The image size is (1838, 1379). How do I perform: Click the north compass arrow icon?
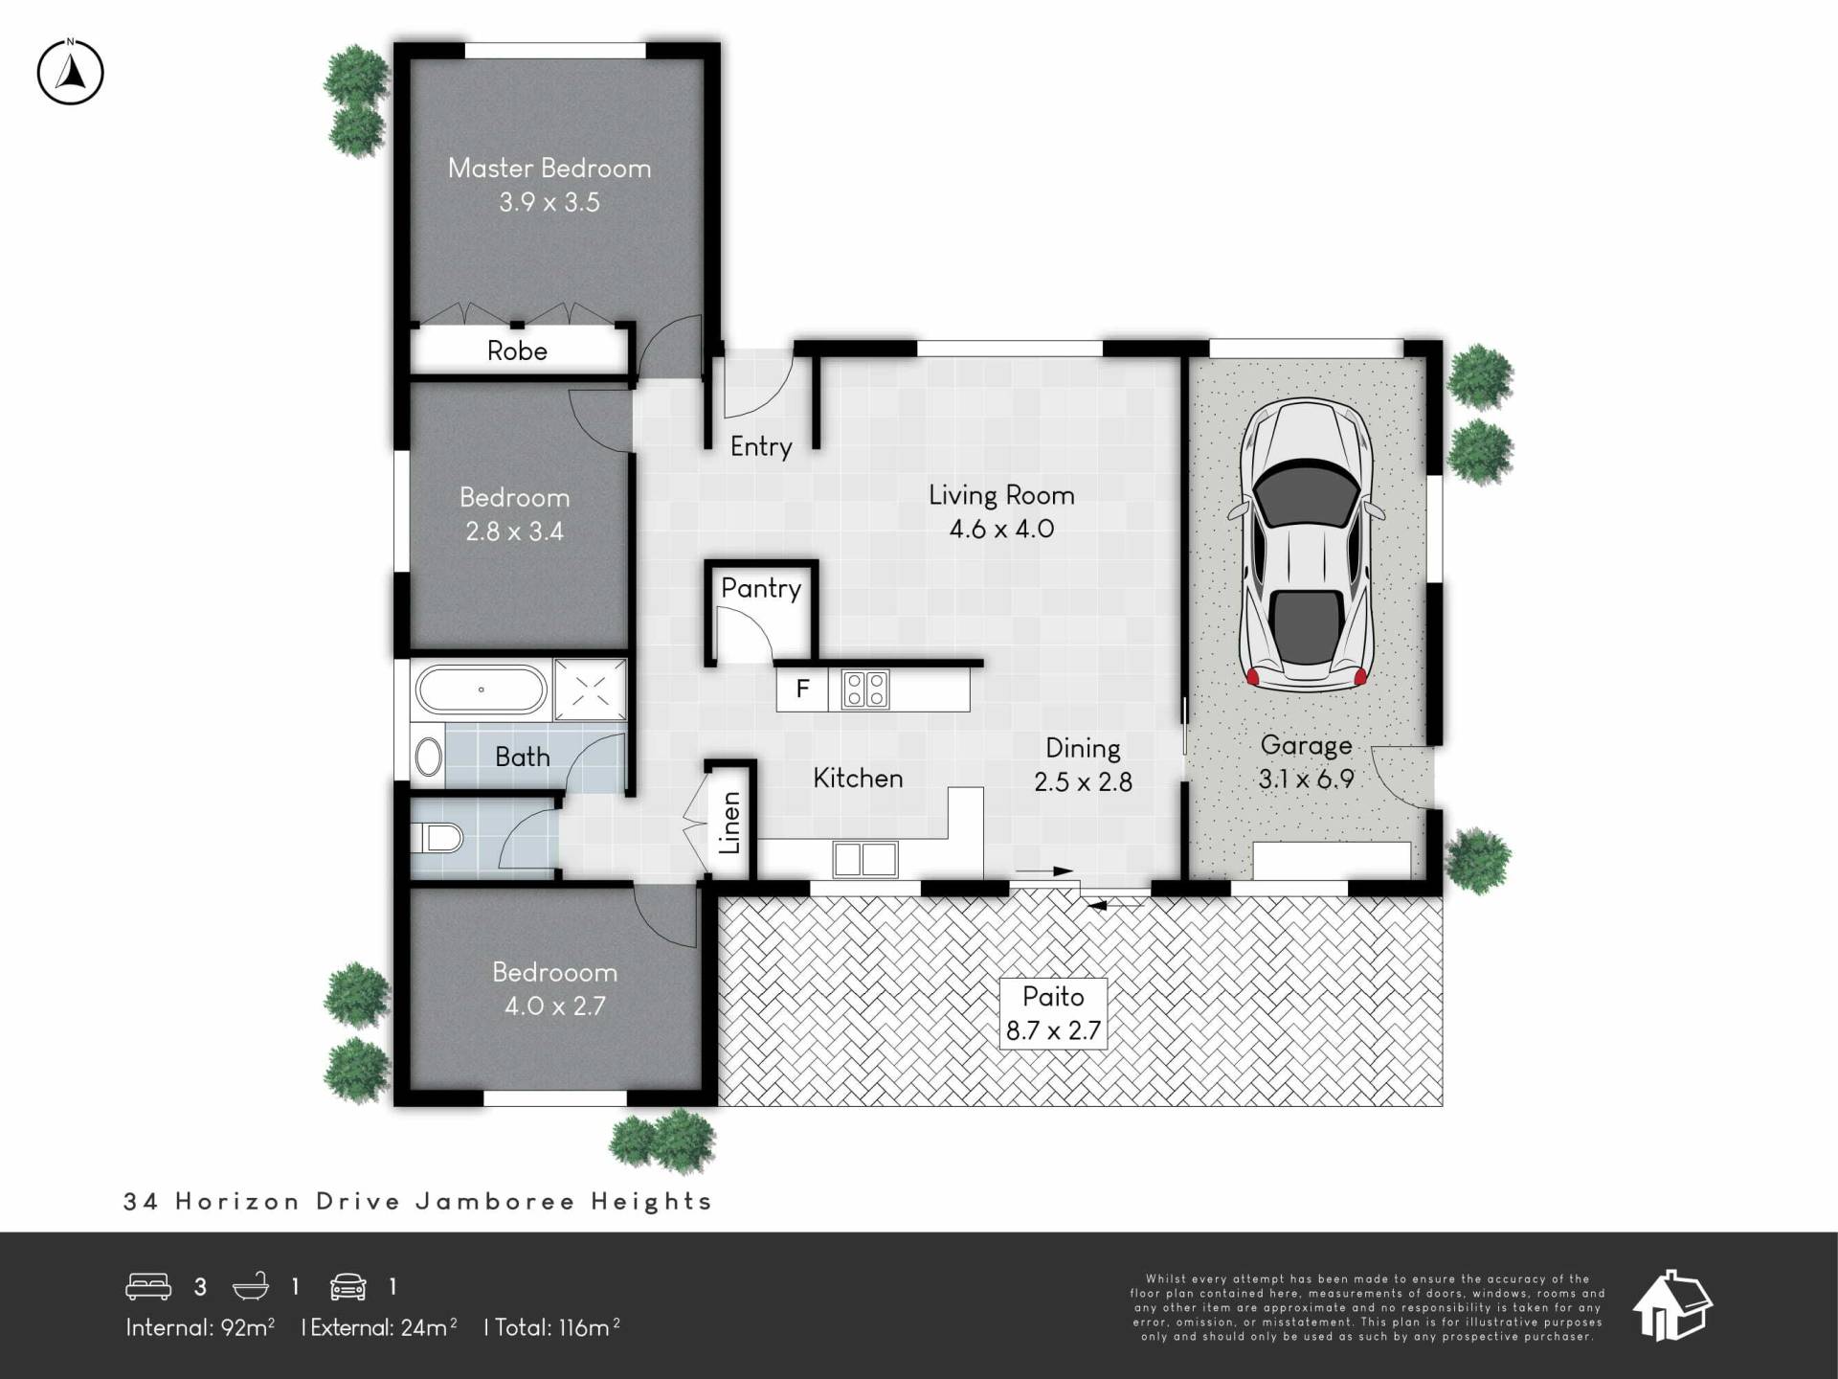[x=70, y=72]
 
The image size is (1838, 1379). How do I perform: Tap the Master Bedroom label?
[x=549, y=169]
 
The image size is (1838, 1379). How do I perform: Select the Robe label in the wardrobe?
[x=517, y=350]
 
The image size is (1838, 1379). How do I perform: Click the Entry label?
[x=761, y=447]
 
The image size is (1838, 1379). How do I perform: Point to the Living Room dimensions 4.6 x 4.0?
[x=1001, y=529]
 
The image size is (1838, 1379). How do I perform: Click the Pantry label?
[x=761, y=588]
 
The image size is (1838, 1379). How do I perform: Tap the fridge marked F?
[x=802, y=688]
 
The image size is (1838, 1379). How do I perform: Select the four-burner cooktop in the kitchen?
[x=864, y=689]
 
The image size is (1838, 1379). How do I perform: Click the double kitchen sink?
[x=865, y=859]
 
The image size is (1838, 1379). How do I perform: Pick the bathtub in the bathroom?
[x=482, y=689]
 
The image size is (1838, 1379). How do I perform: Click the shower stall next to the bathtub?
[x=591, y=689]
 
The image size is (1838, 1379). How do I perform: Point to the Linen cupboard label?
[x=729, y=823]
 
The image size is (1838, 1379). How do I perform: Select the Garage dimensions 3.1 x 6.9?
[x=1306, y=780]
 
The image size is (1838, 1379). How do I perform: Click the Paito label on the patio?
[x=1053, y=997]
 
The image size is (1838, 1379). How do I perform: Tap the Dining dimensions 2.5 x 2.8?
[x=1083, y=782]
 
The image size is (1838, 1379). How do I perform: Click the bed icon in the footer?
[x=148, y=1286]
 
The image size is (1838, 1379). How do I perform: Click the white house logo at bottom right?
[x=1672, y=1305]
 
